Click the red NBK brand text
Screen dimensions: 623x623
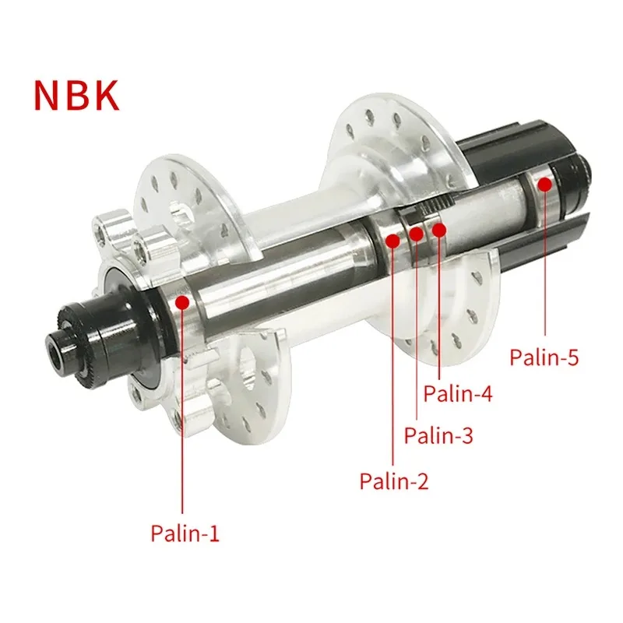click(x=76, y=93)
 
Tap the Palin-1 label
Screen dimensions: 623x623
click(x=185, y=533)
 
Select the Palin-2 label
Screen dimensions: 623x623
click(x=394, y=481)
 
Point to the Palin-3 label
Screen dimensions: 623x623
click(x=438, y=435)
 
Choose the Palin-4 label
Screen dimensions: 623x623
click(x=458, y=394)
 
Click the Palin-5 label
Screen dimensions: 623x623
click(x=545, y=357)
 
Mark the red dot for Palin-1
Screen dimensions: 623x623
click(x=182, y=301)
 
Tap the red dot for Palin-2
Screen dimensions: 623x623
click(x=392, y=241)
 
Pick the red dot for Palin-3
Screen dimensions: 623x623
click(x=417, y=234)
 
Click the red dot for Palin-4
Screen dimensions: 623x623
click(x=439, y=229)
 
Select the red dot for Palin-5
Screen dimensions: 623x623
click(x=546, y=185)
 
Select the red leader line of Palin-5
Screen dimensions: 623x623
click(x=546, y=265)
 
